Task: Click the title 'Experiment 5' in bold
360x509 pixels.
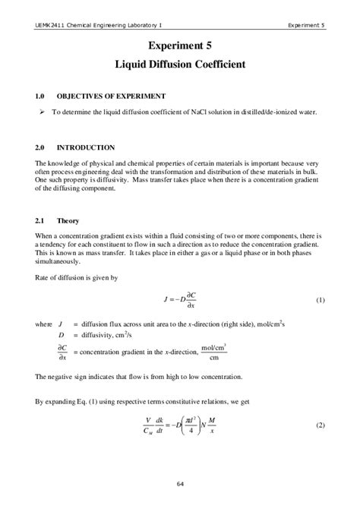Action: pyautogui.click(x=180, y=46)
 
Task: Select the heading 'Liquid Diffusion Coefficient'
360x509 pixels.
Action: pyautogui.click(x=180, y=65)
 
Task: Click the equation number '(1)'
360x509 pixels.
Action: pyautogui.click(x=320, y=301)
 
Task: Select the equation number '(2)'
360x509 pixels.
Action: pyautogui.click(x=320, y=425)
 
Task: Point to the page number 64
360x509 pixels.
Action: pyautogui.click(x=180, y=484)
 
